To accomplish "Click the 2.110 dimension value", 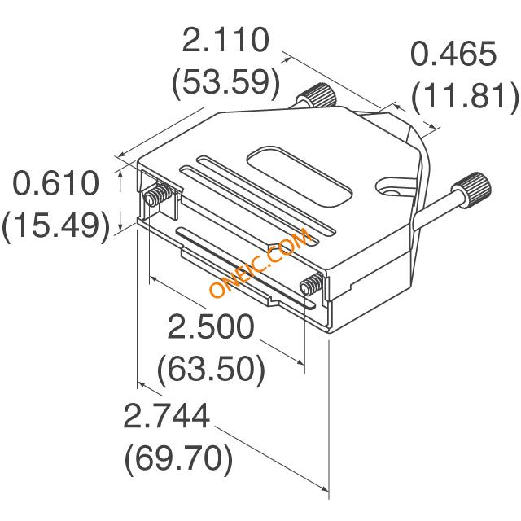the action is (225, 40).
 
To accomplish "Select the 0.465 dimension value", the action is (453, 53).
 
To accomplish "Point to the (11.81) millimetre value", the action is (465, 96).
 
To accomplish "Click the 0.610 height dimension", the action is (56, 182).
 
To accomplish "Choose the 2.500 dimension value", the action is (211, 326).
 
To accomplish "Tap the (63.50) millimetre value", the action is (212, 370).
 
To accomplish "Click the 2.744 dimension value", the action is (166, 415).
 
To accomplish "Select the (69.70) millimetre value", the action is (178, 458).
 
